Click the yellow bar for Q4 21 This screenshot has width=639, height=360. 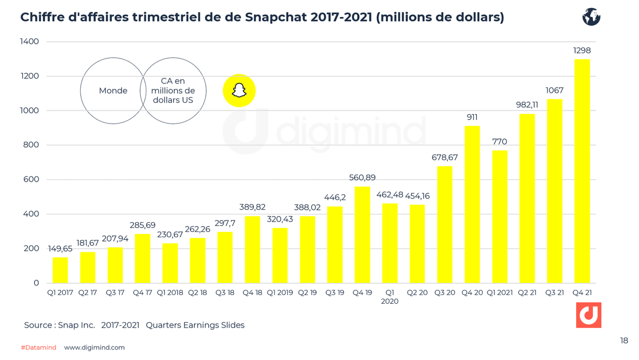(582, 171)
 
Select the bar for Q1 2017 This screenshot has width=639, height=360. (60, 270)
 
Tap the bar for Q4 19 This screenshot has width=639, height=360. (362, 235)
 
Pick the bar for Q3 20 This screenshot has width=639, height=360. (444, 224)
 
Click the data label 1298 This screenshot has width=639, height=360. (582, 51)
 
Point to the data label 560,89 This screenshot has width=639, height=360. (362, 178)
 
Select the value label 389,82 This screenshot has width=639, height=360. (252, 207)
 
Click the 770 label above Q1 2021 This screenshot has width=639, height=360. (499, 142)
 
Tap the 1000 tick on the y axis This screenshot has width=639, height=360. (30, 111)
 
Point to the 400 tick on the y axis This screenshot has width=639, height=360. (31, 214)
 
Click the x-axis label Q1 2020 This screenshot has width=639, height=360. (389, 297)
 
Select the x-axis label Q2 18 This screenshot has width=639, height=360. (197, 293)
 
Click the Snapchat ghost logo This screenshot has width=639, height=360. (239, 91)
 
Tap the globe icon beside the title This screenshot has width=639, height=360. (591, 17)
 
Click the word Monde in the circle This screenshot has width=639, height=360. (113, 91)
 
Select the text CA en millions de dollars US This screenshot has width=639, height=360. (173, 91)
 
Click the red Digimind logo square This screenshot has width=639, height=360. (588, 315)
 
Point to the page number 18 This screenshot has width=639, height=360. (624, 341)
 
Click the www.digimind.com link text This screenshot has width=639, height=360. (94, 348)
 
